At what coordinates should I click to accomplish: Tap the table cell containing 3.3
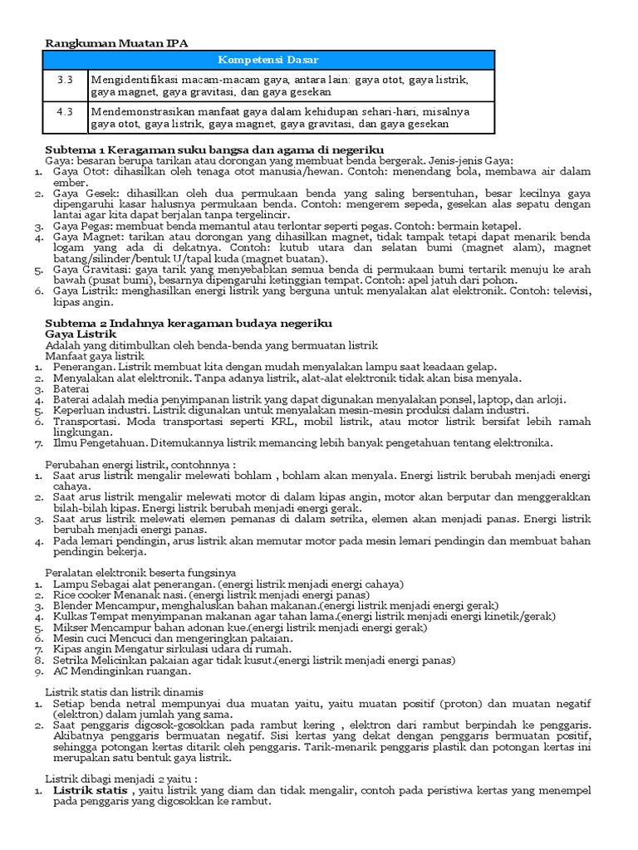(65, 80)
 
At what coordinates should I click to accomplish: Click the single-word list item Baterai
(71, 388)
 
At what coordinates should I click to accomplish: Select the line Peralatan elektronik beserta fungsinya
(140, 573)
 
